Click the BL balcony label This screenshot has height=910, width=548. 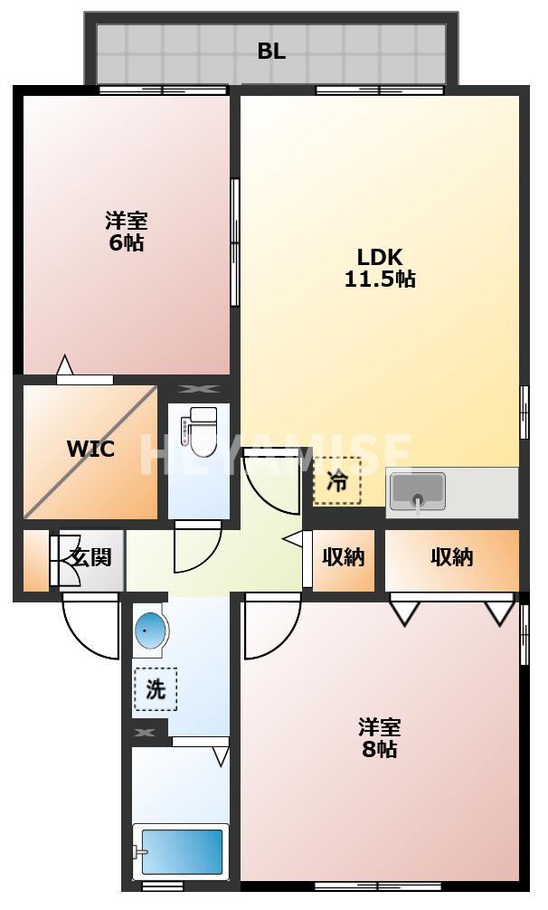point(271,52)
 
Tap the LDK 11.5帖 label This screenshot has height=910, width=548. point(379,267)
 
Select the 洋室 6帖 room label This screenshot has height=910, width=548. point(126,232)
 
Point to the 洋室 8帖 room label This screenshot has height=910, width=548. point(378,738)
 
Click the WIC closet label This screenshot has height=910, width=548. point(90,450)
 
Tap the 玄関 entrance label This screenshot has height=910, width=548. point(90,557)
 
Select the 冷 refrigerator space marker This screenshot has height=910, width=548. point(336,482)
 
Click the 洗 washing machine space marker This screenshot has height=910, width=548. point(156,689)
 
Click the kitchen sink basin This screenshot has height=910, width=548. point(417,490)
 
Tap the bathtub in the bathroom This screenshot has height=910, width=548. point(181,851)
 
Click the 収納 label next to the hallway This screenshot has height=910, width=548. point(344,557)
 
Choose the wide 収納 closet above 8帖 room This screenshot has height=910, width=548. point(451,557)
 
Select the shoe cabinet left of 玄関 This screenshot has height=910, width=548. point(36,561)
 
